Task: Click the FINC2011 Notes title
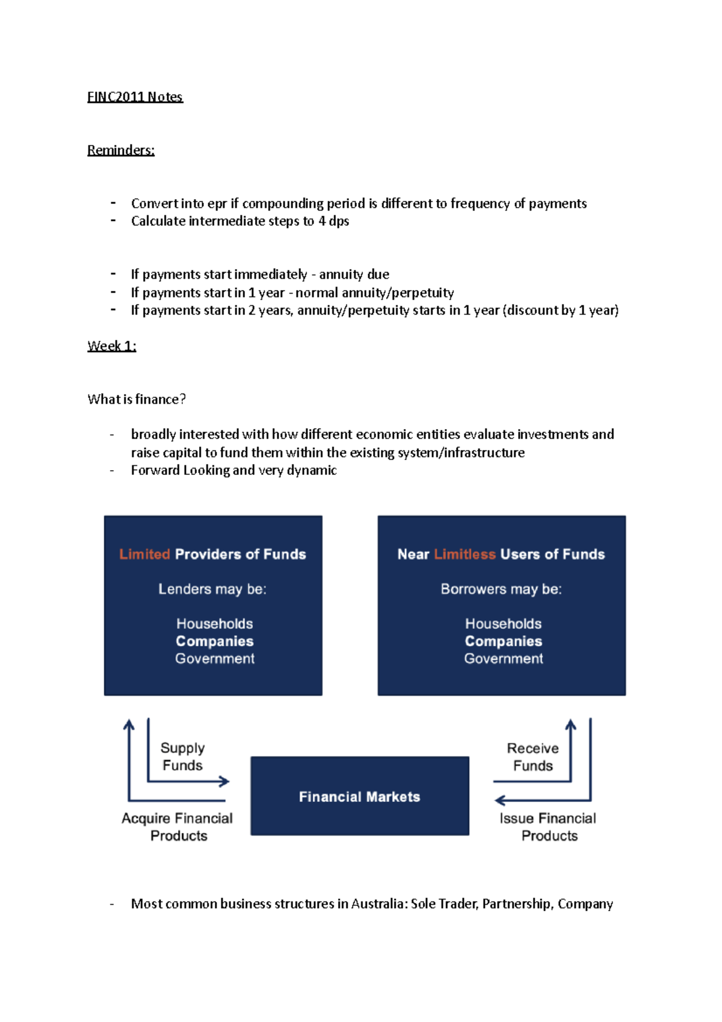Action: coord(135,97)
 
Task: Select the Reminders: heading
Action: coord(121,150)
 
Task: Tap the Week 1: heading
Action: coord(112,346)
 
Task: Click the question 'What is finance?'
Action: coord(137,399)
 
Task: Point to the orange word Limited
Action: coord(144,554)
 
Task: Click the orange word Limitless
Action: coord(464,554)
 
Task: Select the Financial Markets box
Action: coord(360,796)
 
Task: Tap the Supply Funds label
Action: coord(182,757)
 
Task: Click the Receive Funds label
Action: coord(533,757)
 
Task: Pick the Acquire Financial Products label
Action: coord(177,827)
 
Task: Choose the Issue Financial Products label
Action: coord(548,827)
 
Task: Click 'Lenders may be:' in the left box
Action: coord(212,589)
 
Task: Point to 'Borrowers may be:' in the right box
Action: coord(501,589)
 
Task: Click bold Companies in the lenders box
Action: coord(215,641)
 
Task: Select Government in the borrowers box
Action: coord(504,658)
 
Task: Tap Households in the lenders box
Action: coord(215,624)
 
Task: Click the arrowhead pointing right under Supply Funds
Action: coord(224,782)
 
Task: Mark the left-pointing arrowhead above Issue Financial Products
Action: coord(499,801)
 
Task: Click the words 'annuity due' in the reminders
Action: coord(354,274)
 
